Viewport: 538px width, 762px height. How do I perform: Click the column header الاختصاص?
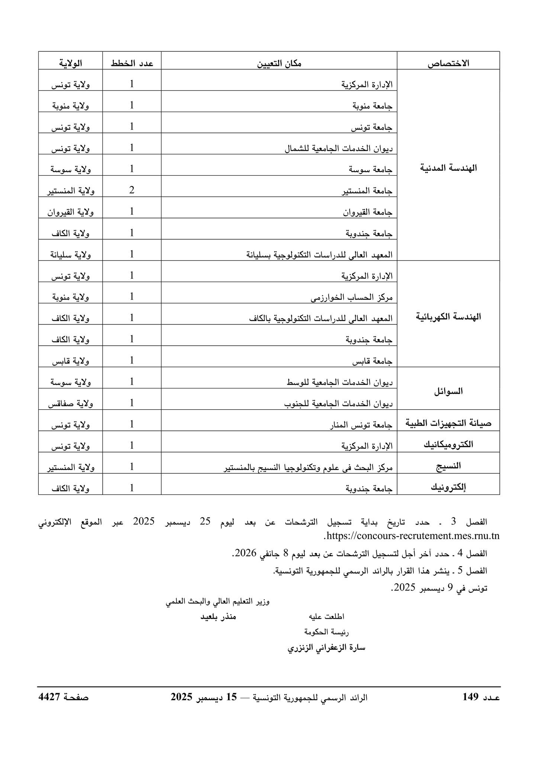click(448, 64)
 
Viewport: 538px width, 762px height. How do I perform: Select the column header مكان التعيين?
click(279, 64)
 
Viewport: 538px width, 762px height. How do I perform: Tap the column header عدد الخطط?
click(132, 64)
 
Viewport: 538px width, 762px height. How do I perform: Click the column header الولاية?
click(70, 64)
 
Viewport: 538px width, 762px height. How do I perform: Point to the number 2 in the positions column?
click(132, 190)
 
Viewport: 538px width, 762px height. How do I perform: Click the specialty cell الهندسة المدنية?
click(448, 168)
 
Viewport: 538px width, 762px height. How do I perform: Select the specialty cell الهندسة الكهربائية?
click(448, 317)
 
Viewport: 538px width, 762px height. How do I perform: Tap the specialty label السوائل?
click(448, 391)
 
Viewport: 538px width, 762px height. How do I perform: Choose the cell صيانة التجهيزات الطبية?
click(448, 423)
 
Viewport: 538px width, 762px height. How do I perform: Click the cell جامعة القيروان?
click(368, 212)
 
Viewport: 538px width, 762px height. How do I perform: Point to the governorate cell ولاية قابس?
click(70, 361)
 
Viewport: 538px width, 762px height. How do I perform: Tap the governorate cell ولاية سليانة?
click(71, 255)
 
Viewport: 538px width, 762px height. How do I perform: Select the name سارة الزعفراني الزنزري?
click(326, 648)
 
